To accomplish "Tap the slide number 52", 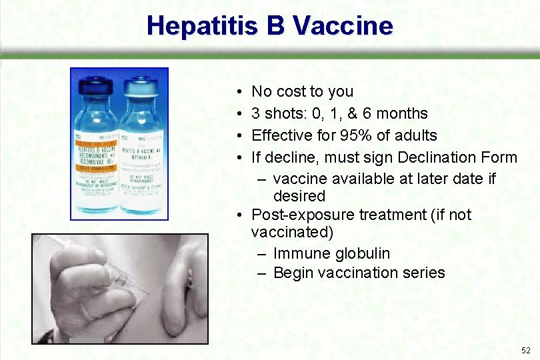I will [x=526, y=350].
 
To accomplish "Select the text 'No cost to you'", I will [x=302, y=91].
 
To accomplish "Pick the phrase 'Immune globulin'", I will [x=331, y=253].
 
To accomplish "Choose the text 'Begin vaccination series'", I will [x=359, y=273].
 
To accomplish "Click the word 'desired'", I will [x=299, y=196].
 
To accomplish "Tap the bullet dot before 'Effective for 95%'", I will [x=238, y=136].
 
